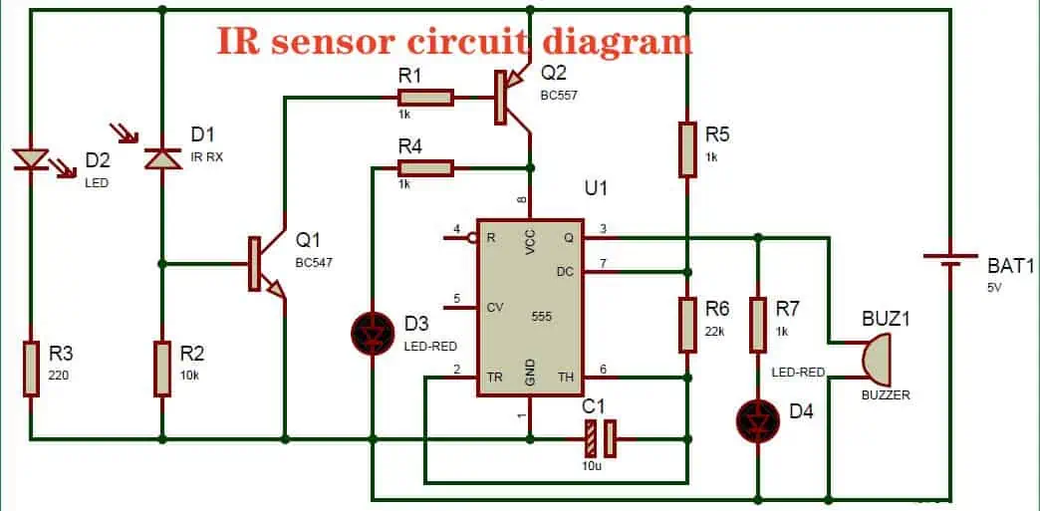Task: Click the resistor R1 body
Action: click(425, 97)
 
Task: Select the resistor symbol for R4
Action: click(425, 167)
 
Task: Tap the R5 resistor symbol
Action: click(687, 149)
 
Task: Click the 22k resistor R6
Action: click(687, 324)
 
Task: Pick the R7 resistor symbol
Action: click(758, 324)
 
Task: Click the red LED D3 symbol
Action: click(373, 332)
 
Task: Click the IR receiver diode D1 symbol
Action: click(161, 157)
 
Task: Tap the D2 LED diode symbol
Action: click(31, 157)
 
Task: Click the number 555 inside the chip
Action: click(542, 317)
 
